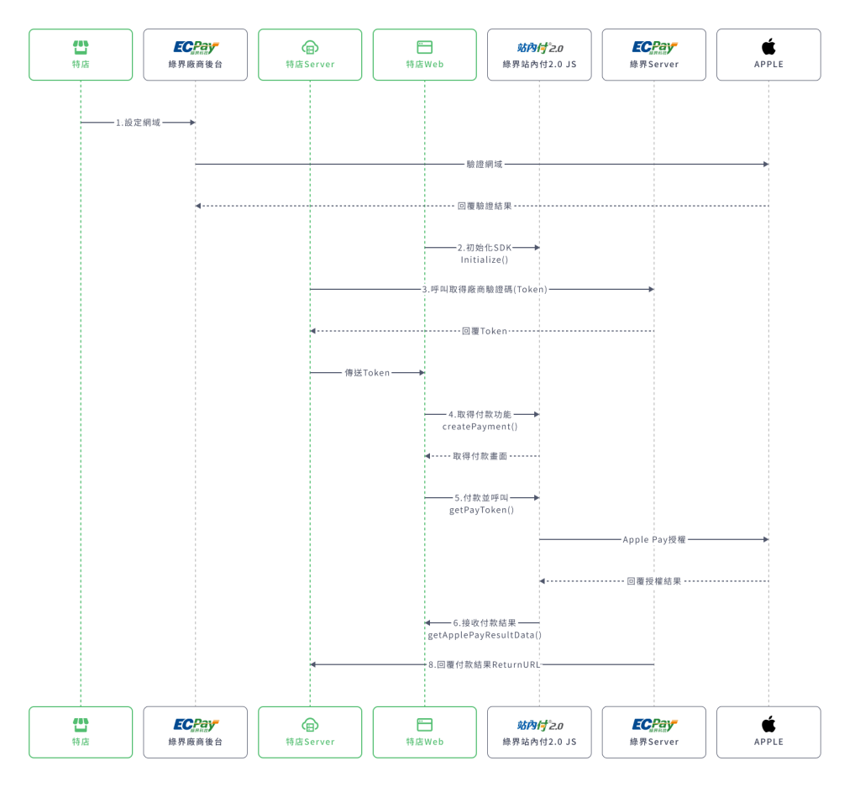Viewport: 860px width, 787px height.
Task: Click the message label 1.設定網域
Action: tap(138, 123)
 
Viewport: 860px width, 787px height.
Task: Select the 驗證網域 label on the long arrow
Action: tap(485, 165)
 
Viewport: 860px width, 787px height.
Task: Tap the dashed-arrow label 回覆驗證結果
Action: tap(485, 206)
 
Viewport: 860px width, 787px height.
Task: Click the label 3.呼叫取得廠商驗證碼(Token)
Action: tap(485, 290)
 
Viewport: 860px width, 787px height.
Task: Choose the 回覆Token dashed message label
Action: tap(485, 331)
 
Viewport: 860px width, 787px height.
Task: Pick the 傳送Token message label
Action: tap(367, 373)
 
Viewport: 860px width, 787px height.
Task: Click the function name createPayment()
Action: tap(480, 427)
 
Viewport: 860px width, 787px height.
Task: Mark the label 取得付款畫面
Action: tap(480, 456)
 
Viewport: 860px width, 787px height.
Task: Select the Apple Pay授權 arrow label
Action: tap(654, 539)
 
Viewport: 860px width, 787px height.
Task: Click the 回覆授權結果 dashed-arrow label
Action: tap(654, 581)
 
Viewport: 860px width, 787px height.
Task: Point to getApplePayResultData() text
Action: tap(485, 635)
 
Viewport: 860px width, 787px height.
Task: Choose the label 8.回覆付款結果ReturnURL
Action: tap(485, 664)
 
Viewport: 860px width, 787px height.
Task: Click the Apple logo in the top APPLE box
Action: tap(768, 47)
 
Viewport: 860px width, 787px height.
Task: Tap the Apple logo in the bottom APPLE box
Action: tap(768, 724)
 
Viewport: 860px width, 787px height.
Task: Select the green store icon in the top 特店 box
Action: tap(81, 47)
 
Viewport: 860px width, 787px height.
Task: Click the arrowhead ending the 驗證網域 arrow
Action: tap(765, 165)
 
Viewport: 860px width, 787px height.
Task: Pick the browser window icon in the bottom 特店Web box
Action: tap(424, 724)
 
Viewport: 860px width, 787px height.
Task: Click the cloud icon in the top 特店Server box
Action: tap(310, 47)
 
